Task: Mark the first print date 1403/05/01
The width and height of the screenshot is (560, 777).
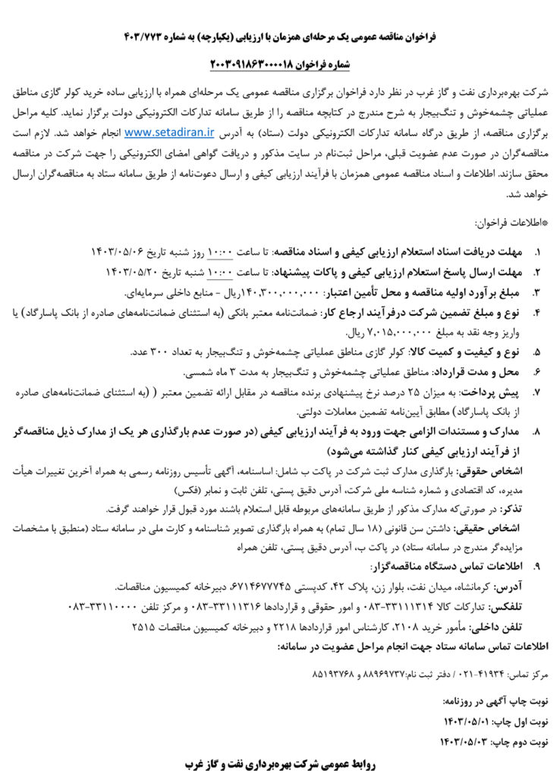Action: [x=467, y=720]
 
